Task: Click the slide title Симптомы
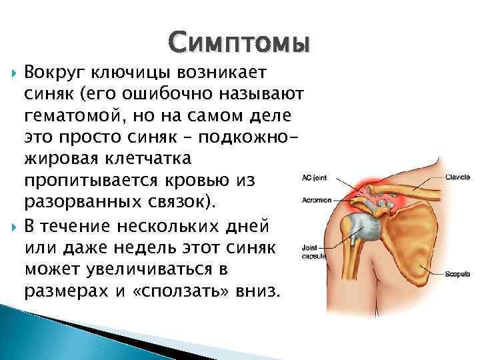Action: point(239,43)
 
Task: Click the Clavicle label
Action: point(459,178)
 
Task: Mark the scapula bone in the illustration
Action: point(413,247)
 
